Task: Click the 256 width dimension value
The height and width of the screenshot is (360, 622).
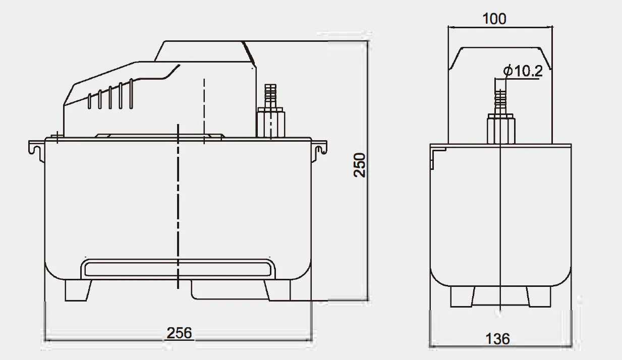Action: (179, 333)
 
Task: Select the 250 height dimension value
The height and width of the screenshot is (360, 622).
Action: (360, 165)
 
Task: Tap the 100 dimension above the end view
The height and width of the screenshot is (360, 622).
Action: (494, 19)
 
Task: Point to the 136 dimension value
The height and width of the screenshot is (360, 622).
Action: (497, 338)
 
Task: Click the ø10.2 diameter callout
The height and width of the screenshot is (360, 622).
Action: (523, 72)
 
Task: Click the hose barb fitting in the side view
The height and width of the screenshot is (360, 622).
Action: (271, 95)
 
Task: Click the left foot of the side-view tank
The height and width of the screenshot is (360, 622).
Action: (78, 290)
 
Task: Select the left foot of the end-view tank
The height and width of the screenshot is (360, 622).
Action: (462, 296)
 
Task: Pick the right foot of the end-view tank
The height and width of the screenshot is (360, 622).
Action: (537, 296)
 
